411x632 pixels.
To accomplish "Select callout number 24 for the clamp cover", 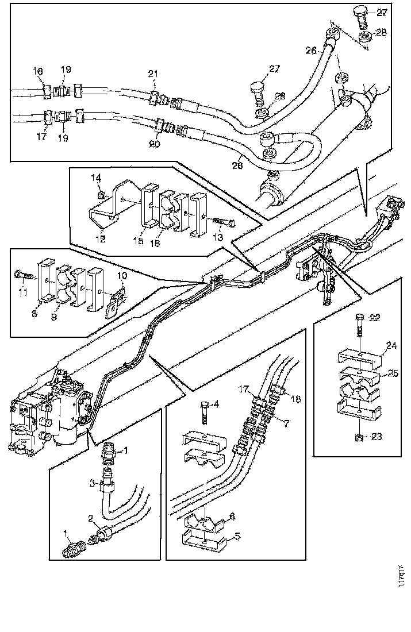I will (x=391, y=346).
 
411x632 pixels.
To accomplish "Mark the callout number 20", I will (x=154, y=145).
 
